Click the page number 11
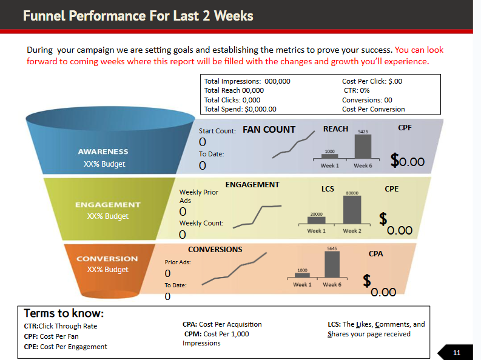pos(457,352)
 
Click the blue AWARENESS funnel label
pos(103,152)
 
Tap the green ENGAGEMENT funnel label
pos(107,205)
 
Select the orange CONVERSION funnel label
pos(107,259)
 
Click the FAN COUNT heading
pos(269,129)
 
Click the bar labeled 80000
pos(352,210)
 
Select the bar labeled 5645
pos(332,265)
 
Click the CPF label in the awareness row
pos(405,128)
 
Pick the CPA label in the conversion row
pos(375,254)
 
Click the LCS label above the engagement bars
pos(328,189)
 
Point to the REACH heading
pos(335,128)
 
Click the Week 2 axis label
pos(352,231)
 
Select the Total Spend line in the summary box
pos(240,109)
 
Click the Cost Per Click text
pos(372,81)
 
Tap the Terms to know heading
pos(64,313)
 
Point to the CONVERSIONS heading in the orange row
pos(215,249)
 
